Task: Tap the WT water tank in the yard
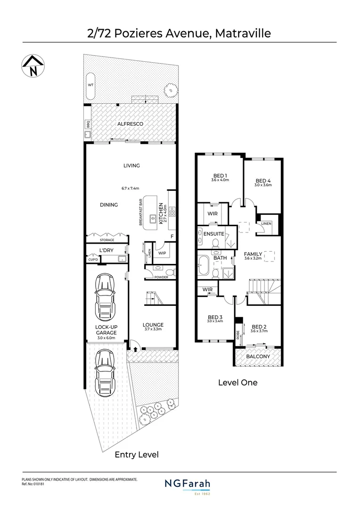(90, 85)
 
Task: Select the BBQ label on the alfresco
(88, 124)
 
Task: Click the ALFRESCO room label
(130, 123)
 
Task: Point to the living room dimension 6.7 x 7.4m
(131, 188)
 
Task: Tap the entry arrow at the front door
(136, 350)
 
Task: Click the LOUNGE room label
(153, 325)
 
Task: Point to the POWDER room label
(161, 277)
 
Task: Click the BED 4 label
(263, 181)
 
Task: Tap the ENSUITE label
(213, 234)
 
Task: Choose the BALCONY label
(258, 357)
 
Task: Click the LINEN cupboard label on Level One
(266, 223)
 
